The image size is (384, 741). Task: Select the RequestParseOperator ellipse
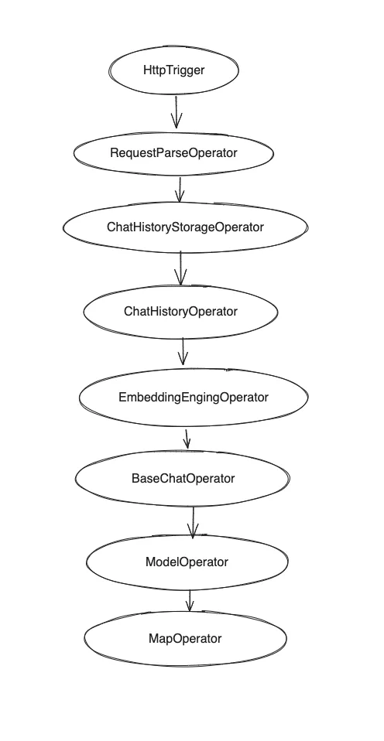click(173, 153)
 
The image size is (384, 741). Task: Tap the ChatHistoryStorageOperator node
click(185, 227)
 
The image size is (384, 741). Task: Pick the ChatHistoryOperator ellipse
click(180, 312)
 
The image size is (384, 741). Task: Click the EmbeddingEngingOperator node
click(193, 398)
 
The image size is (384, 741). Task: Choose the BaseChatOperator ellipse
click(183, 479)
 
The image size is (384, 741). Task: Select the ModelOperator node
click(187, 562)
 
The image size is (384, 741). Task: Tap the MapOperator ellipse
click(184, 639)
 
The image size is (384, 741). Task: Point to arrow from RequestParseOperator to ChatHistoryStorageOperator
click(179, 190)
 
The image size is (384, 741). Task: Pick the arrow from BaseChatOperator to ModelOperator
click(193, 522)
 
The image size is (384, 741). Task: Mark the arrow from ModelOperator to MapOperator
click(189, 601)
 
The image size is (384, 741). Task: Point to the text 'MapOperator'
click(184, 639)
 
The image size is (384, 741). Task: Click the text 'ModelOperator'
click(187, 562)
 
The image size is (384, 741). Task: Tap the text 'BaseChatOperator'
click(183, 479)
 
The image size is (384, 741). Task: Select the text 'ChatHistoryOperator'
click(180, 312)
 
